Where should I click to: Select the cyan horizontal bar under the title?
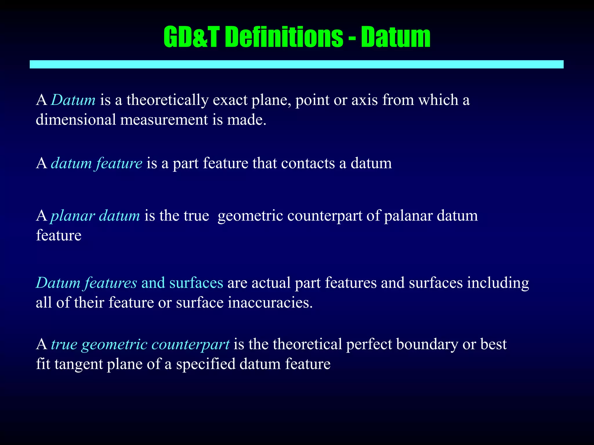[x=296, y=64]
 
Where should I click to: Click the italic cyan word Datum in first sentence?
[x=73, y=100]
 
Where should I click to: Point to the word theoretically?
[x=167, y=100]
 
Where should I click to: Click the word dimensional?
[x=76, y=119]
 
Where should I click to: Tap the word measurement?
[x=164, y=119]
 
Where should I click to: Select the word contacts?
[x=308, y=163]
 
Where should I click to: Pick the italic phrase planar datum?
[x=95, y=216]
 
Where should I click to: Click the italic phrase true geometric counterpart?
[x=140, y=344]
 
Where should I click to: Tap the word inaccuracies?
[x=270, y=303]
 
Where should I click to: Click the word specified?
[x=206, y=364]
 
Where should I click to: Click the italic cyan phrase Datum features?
[x=86, y=283]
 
